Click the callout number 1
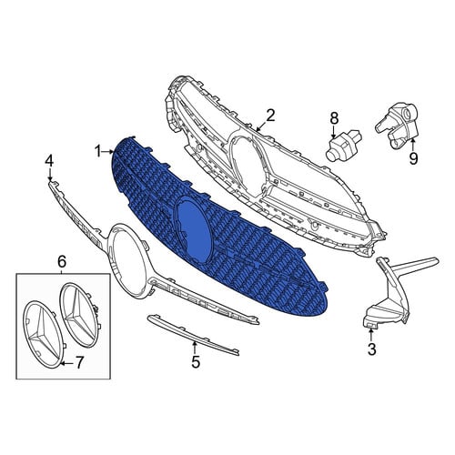[x=97, y=151]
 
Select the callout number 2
[x=270, y=116]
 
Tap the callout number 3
[x=371, y=349]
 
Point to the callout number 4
[x=49, y=160]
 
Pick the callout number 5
[x=196, y=361]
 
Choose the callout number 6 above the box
[x=62, y=261]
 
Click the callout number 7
[x=78, y=363]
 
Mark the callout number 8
[x=334, y=117]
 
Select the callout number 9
[x=413, y=158]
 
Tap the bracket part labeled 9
[x=398, y=126]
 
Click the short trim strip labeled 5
[x=193, y=335]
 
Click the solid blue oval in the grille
[x=194, y=227]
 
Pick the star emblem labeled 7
[x=42, y=335]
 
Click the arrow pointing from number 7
[x=66, y=363]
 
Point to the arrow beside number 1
[x=108, y=151]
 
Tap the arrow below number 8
[x=334, y=132]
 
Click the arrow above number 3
[x=371, y=335]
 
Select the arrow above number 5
[x=195, y=347]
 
